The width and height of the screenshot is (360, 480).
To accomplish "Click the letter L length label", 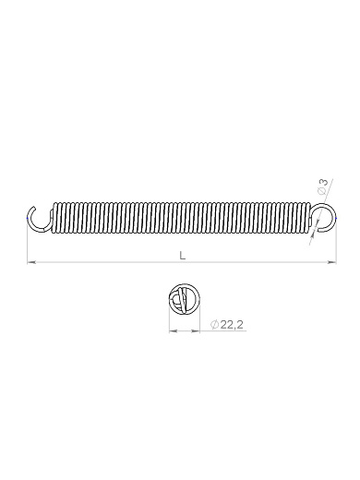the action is point(183,256).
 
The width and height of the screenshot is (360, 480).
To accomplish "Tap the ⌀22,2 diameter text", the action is point(227,325).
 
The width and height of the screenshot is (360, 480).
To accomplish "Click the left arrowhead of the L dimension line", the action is point(31,262).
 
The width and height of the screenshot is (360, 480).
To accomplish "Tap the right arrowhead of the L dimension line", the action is point(332,262).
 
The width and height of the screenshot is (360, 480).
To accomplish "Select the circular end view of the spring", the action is point(185,299).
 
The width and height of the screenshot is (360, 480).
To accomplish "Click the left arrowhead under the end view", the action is point(173,331).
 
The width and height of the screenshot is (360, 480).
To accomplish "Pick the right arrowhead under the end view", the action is point(196,331).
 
